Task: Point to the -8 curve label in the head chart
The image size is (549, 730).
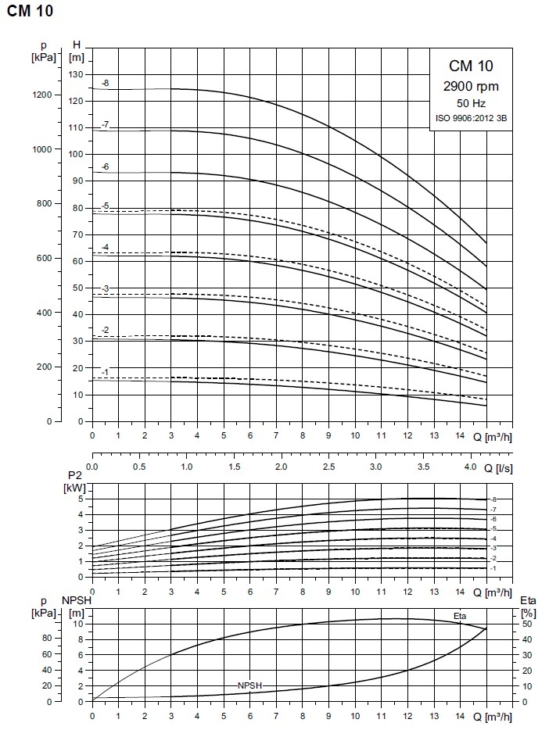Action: pyautogui.click(x=105, y=83)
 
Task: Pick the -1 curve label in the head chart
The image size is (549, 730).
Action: pyautogui.click(x=105, y=371)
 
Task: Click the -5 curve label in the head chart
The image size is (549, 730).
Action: pyautogui.click(x=105, y=206)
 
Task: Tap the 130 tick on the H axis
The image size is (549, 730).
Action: pyautogui.click(x=76, y=74)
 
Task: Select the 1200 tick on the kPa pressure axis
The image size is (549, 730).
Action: pyautogui.click(x=42, y=95)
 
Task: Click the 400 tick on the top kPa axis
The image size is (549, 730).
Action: pyautogui.click(x=45, y=313)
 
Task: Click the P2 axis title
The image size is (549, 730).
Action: pyautogui.click(x=76, y=474)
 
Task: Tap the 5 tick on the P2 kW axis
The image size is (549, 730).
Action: pyautogui.click(x=81, y=499)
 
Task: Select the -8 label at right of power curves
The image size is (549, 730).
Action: pyautogui.click(x=493, y=499)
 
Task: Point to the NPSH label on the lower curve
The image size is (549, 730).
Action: pyautogui.click(x=249, y=685)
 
